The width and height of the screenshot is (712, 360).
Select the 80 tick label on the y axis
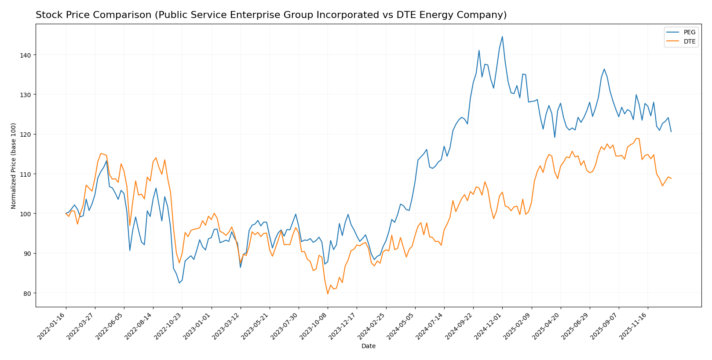pyautogui.click(x=28, y=293)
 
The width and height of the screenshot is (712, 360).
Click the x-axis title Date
pyautogui.click(x=369, y=346)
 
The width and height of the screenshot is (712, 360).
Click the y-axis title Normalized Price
pyautogui.click(x=14, y=166)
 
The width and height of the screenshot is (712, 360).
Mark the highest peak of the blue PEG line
pyautogui.click(x=502, y=36)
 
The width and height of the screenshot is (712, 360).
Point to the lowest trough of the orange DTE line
pyautogui.click(x=328, y=294)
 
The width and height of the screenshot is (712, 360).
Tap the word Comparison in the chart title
pyautogui.click(x=106, y=15)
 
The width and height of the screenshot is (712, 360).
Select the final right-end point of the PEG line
pyautogui.click(x=671, y=131)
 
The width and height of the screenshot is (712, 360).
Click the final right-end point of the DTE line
pyautogui.click(x=671, y=178)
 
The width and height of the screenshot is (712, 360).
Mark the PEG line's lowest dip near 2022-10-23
pyautogui.click(x=179, y=283)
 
